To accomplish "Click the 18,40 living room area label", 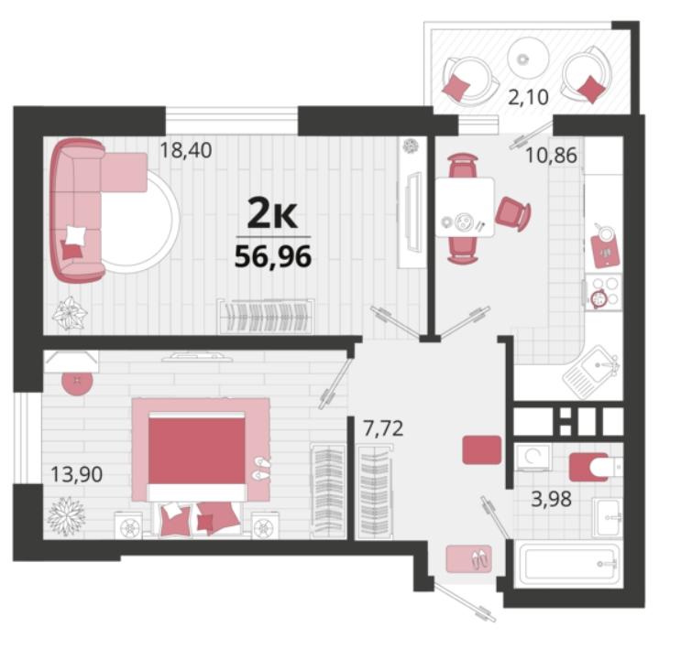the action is pos(186,150).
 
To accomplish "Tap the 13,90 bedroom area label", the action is pos(77,474).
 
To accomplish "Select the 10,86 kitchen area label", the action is pos(552,155).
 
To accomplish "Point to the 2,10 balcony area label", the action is pos(529,97).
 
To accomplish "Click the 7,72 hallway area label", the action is pos(383,428).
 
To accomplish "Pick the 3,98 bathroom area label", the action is pos(552,499).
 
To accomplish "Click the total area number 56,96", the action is pos(273,257).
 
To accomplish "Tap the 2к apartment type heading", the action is pos(272,213).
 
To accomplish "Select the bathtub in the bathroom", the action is pos(572,564).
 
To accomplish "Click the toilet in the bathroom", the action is pos(596,467).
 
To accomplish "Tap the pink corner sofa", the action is pos(78,211).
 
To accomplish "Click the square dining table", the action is pos(465,207).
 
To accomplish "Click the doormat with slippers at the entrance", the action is pos(469,558).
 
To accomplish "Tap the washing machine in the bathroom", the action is pos(532,458).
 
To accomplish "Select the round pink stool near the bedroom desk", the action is pos(77,381).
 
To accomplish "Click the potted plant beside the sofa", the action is pos(70,313).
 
